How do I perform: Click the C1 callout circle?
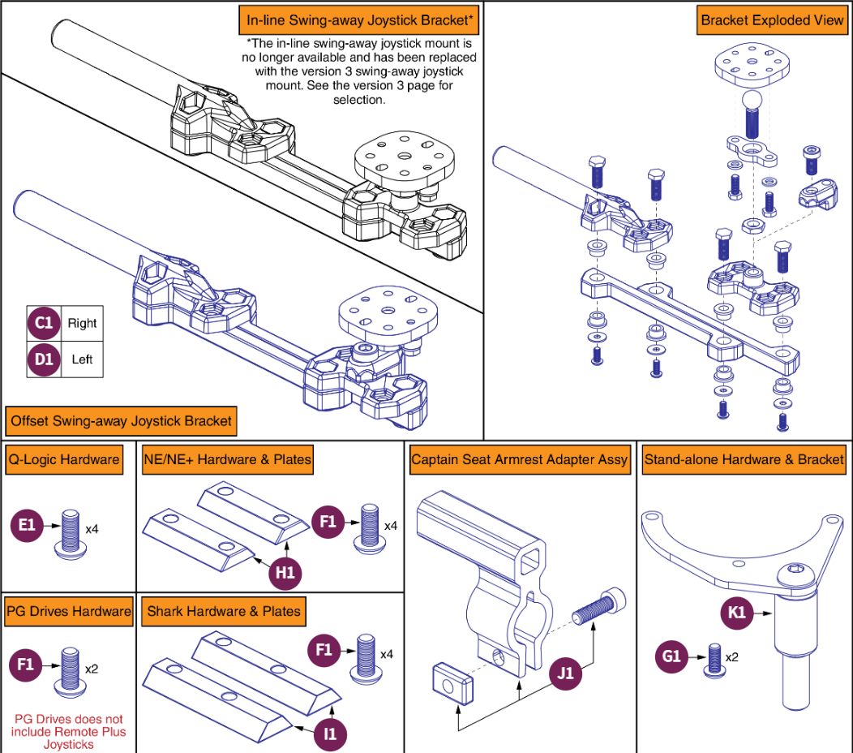click(44, 323)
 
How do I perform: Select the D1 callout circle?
click(44, 359)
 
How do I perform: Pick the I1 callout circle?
click(331, 734)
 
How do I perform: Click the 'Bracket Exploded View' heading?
click(772, 20)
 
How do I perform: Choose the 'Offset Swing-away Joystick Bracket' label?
click(121, 421)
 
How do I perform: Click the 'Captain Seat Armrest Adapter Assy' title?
click(519, 459)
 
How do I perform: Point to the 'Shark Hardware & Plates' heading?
click(223, 611)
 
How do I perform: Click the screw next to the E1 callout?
click(70, 532)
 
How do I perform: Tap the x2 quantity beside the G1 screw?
click(732, 657)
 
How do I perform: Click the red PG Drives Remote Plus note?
click(69, 731)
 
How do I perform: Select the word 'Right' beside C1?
click(82, 323)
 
